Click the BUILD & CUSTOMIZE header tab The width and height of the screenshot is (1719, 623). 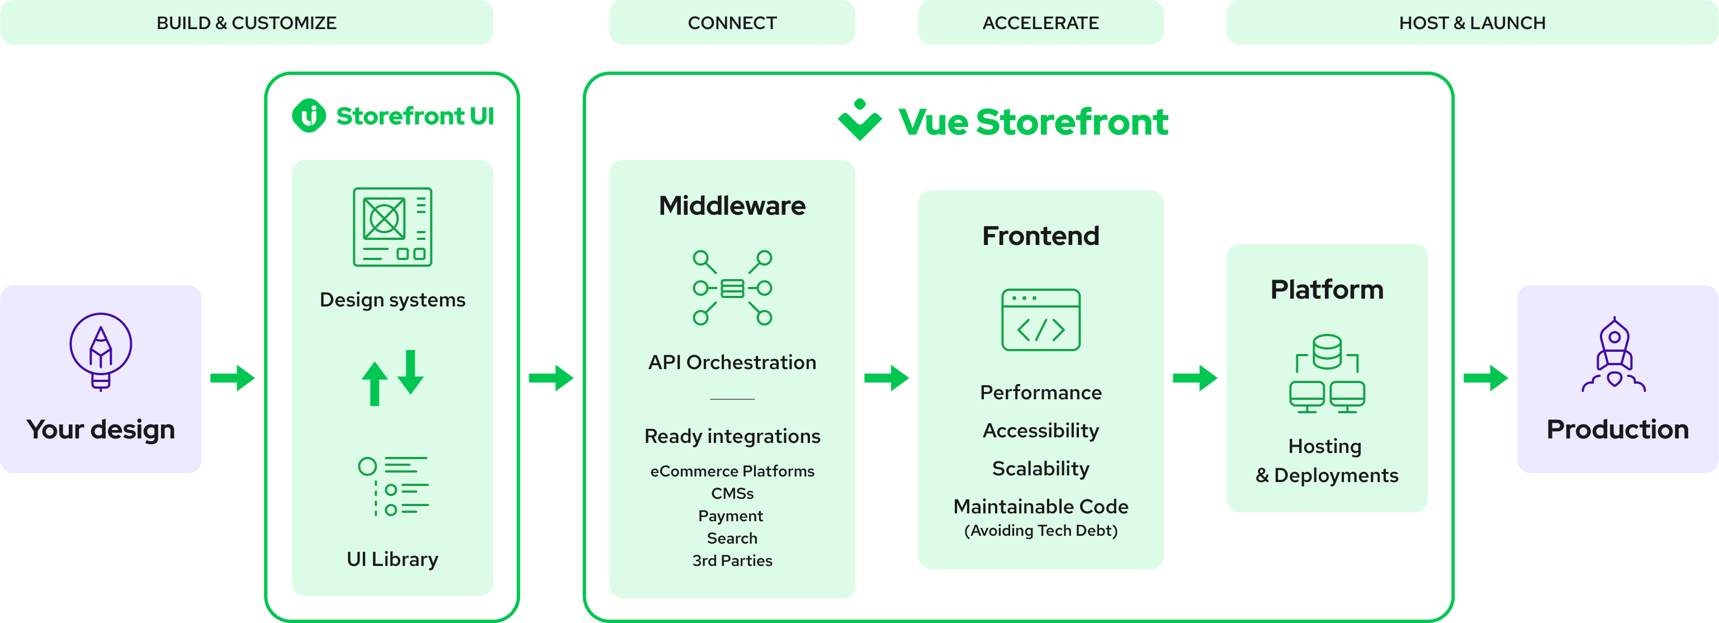(246, 23)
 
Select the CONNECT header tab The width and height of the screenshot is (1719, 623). (732, 23)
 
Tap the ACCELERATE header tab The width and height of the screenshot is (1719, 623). (1040, 23)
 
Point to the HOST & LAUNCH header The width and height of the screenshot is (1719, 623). (1472, 23)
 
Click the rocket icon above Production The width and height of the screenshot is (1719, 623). (1613, 355)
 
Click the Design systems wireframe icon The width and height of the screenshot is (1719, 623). (392, 227)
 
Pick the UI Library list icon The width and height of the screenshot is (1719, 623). (393, 486)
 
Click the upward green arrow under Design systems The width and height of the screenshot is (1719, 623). (375, 384)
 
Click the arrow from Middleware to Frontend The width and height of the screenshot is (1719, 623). (886, 378)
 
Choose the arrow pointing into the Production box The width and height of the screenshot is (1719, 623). (1485, 378)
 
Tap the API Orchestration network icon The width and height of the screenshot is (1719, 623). (732, 288)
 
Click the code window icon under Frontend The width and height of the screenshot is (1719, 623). (1040, 320)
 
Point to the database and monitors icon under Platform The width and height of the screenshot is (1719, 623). (1327, 374)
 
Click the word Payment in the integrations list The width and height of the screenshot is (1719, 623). (731, 516)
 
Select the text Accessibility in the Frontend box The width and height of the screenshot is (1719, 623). (1040, 431)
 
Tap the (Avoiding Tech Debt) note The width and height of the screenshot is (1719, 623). (1040, 530)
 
